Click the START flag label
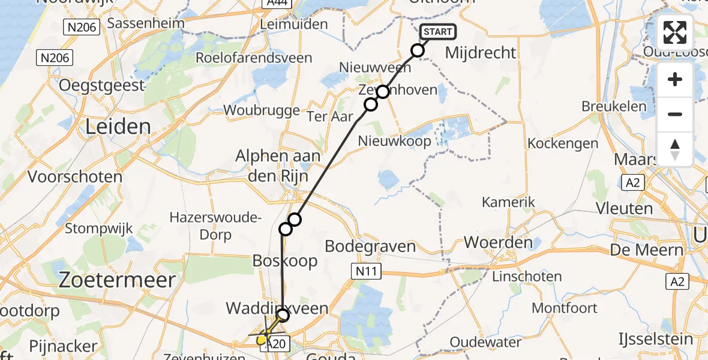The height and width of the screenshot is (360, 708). (x=439, y=32)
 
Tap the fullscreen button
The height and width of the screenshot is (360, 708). (x=675, y=32)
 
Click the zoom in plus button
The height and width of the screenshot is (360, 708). (x=675, y=79)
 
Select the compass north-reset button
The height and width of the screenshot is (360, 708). (x=675, y=149)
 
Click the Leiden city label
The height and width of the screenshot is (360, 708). (x=118, y=127)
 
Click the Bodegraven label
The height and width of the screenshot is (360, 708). (x=370, y=246)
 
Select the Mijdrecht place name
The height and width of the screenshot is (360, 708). (x=481, y=53)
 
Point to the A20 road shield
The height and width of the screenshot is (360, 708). (x=277, y=343)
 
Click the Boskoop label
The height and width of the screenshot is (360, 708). (x=284, y=260)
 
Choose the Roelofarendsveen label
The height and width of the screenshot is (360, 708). (x=254, y=58)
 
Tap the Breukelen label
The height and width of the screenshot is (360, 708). (x=614, y=107)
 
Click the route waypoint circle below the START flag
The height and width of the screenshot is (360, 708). (x=418, y=50)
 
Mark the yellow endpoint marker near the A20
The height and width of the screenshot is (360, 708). (x=262, y=340)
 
